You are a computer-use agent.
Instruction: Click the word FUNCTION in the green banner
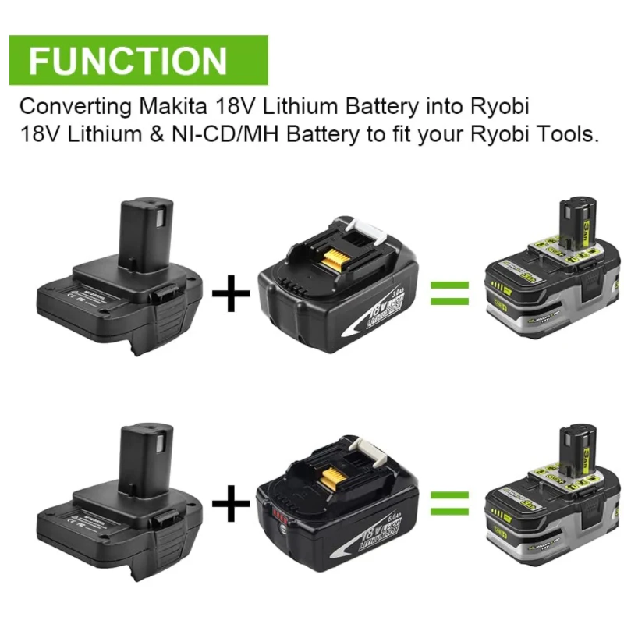coord(129,60)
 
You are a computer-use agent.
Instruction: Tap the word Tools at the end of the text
coord(570,133)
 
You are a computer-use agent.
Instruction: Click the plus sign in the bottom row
coord(231,505)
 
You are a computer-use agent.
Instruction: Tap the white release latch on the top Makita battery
coord(367,231)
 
